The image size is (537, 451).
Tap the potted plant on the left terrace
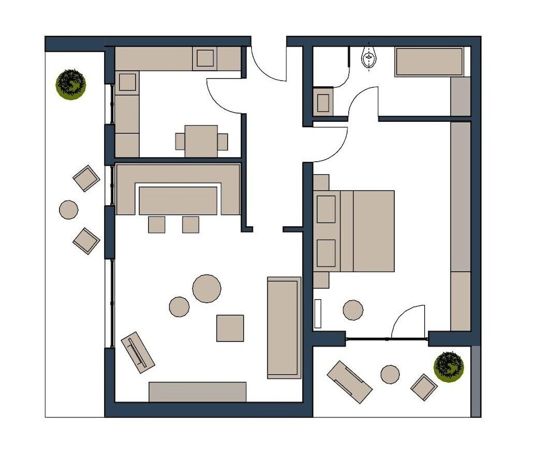click(71, 84)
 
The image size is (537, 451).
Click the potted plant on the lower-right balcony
click(448, 366)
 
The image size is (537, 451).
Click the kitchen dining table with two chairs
click(201, 141)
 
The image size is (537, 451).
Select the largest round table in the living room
click(207, 289)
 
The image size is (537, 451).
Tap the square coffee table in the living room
click(230, 328)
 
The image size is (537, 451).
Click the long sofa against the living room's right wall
click(284, 328)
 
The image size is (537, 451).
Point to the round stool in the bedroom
click(353, 310)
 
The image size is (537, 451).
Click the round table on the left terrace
click(69, 209)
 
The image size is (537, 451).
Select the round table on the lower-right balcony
click(390, 374)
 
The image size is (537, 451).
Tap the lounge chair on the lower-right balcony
click(350, 382)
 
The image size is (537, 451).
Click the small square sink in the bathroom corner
click(323, 102)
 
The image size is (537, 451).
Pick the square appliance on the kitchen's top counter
click(205, 58)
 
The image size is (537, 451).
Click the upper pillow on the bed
click(326, 209)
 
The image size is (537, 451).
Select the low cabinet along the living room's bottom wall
click(197, 391)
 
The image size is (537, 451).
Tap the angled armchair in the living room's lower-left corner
click(138, 352)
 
